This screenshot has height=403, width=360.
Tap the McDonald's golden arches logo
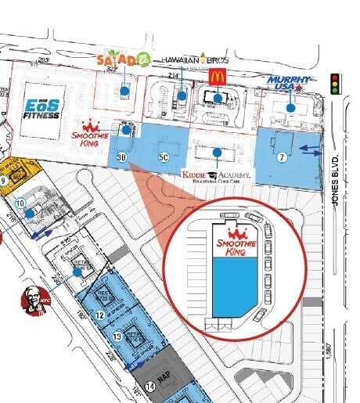217,75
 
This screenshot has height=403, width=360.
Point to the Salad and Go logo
122,60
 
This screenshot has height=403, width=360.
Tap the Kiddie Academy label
217,175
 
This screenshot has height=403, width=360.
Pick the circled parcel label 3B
121,157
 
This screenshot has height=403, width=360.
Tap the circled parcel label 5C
164,157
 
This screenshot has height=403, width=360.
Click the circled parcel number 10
20,203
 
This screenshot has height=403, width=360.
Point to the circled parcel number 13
117,336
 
